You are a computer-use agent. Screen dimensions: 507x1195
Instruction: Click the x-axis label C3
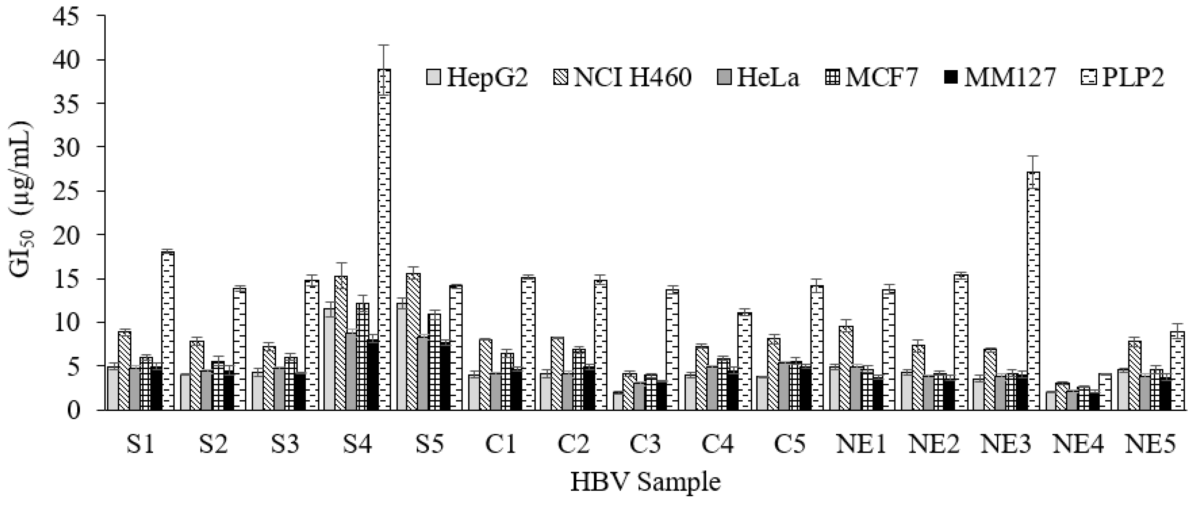coord(645,445)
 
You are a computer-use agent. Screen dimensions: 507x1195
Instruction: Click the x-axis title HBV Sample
coord(645,482)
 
